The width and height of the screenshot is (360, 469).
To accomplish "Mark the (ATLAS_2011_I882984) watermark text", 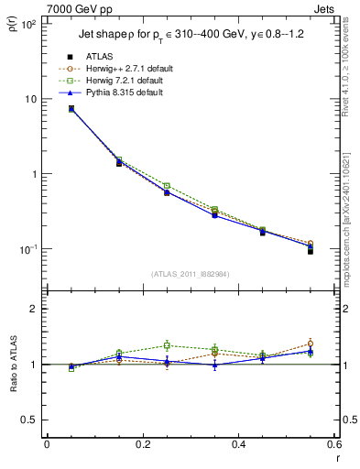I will (x=190, y=274).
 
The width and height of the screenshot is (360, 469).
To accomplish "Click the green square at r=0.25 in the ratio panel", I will (x=167, y=345).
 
